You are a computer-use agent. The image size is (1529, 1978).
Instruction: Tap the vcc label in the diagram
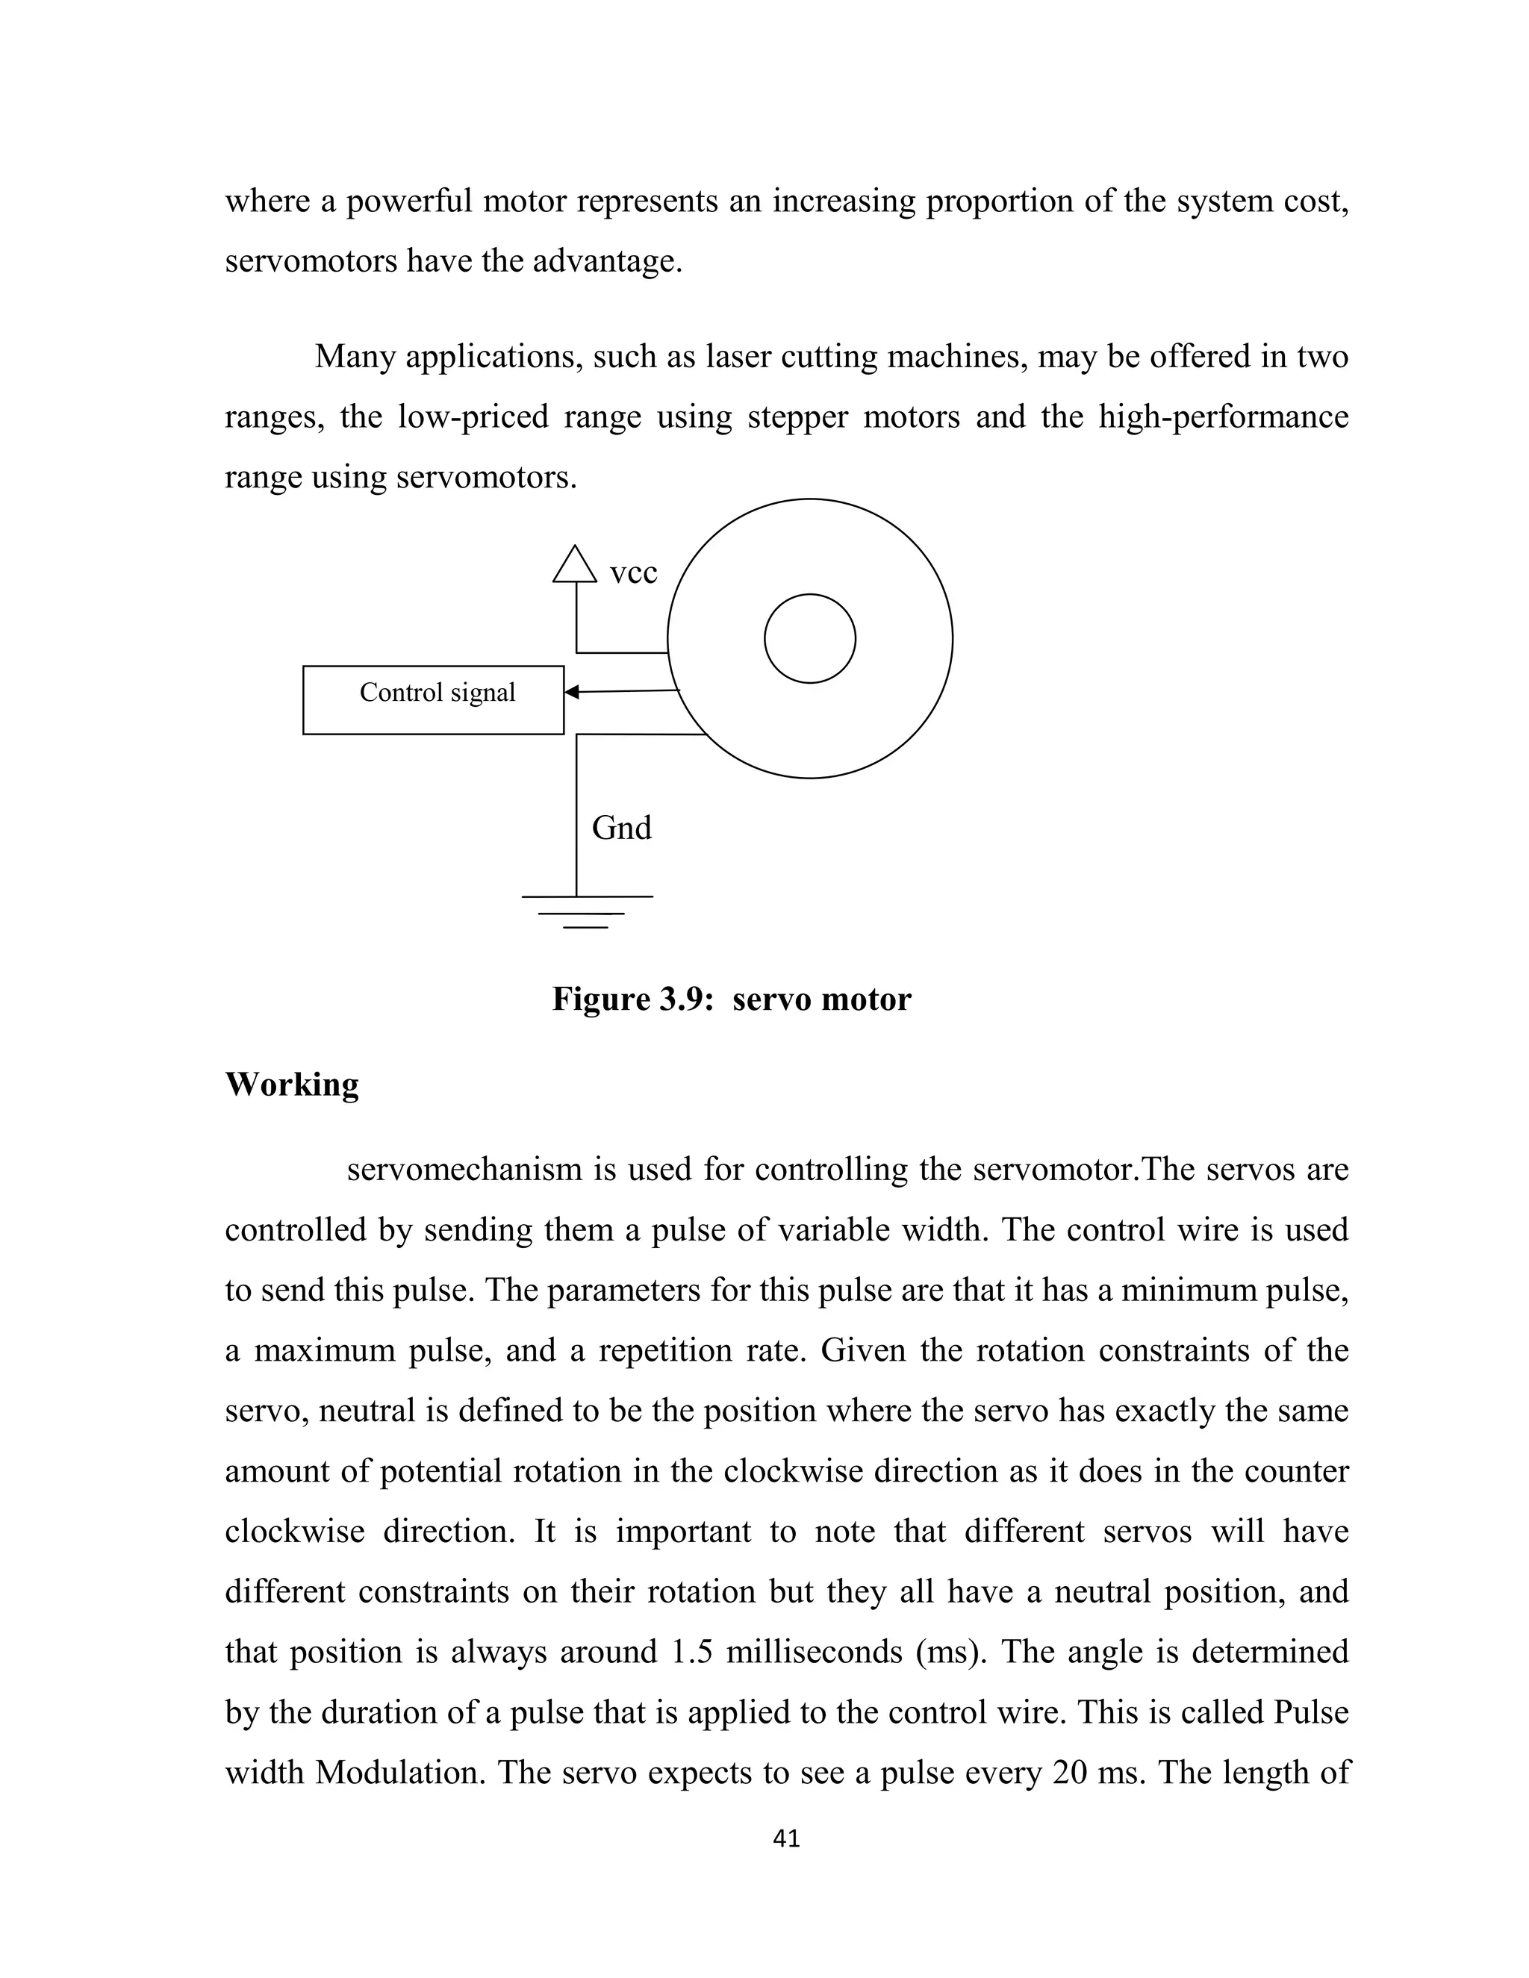coord(633,573)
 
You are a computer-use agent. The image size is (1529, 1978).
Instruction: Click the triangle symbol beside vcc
coord(575,565)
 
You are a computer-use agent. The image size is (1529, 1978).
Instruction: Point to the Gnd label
coord(621,828)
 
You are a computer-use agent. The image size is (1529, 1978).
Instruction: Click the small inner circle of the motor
coord(810,638)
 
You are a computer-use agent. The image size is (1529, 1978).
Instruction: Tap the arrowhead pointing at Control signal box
coord(572,693)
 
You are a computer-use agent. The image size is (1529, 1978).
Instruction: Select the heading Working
coord(292,1084)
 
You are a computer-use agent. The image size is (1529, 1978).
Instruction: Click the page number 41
coord(787,1838)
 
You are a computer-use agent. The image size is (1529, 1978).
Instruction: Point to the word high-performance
coord(1223,417)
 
